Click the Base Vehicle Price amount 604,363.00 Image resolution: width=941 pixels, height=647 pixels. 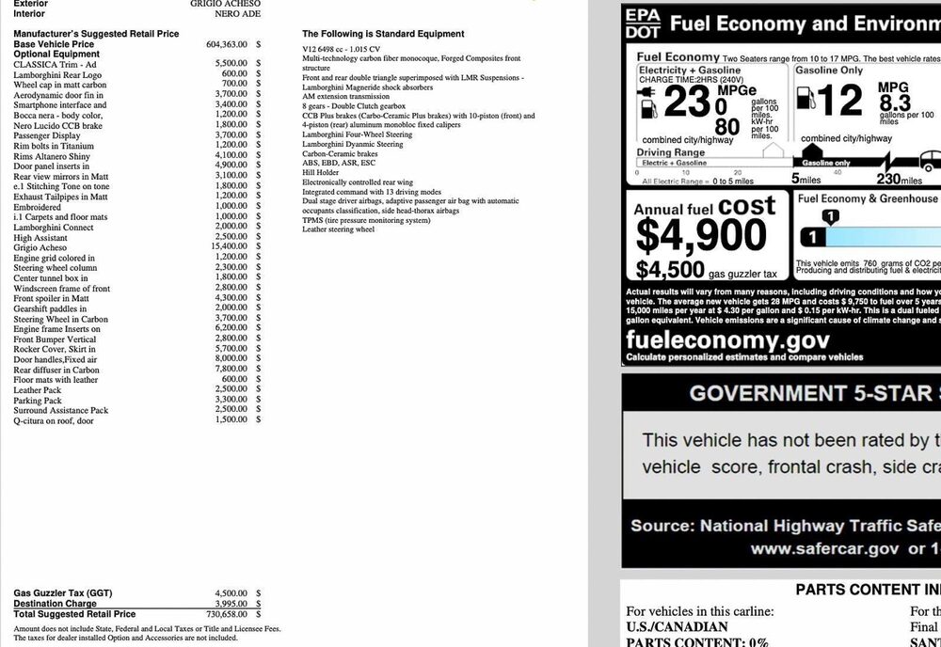click(227, 44)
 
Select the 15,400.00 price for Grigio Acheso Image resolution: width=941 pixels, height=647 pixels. click(231, 246)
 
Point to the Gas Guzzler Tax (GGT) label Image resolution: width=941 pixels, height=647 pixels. click(62, 593)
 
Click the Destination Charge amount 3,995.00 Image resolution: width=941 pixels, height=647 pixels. click(231, 604)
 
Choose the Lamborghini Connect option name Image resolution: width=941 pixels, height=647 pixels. click(54, 227)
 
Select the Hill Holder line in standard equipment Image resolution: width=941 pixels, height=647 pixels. click(321, 173)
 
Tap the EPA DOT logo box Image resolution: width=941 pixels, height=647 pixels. click(643, 24)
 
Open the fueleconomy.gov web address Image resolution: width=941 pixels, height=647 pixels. click(727, 340)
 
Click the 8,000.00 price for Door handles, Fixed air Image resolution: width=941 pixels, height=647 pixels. click(231, 358)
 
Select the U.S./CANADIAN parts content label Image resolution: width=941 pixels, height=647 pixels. click(678, 627)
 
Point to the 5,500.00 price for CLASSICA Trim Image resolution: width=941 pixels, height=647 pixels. click(231, 64)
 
